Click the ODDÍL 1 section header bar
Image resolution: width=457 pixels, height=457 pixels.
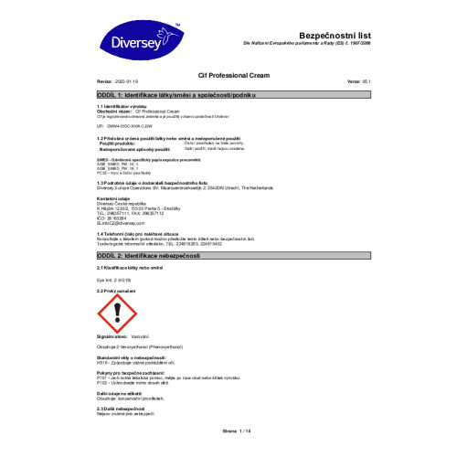tap(228, 95)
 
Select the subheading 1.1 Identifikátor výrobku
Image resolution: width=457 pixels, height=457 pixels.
tap(123, 106)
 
